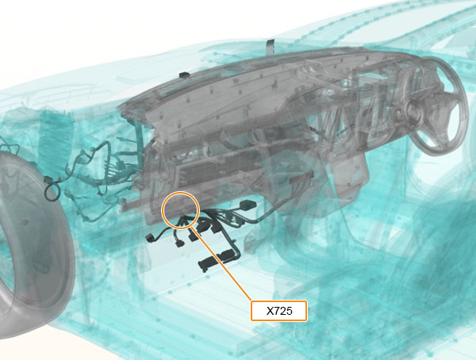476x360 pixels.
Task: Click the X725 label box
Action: click(278, 311)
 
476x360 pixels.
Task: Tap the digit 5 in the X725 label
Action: click(289, 311)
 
